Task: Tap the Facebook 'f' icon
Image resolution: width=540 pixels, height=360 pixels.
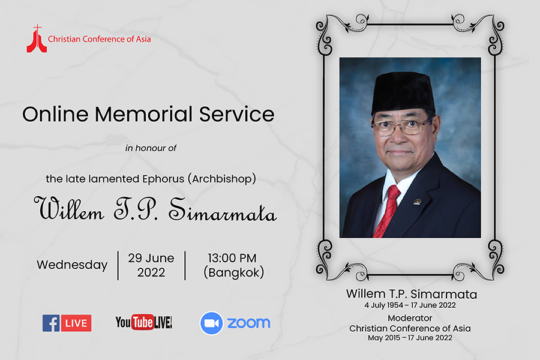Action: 52,323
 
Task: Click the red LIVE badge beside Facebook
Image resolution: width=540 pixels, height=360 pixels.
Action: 76,323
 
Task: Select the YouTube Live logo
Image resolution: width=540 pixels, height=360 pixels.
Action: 143,322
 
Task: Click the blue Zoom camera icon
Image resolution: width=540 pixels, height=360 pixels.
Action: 211,323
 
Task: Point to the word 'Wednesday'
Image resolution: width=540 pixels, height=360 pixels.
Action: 73,265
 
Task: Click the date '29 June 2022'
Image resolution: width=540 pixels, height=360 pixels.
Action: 151,265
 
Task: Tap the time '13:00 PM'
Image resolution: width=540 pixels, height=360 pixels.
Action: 232,258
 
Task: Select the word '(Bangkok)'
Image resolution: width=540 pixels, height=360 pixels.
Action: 234,272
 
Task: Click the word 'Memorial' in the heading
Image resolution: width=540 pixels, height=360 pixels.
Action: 143,114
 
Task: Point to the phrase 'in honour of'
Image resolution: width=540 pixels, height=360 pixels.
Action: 151,148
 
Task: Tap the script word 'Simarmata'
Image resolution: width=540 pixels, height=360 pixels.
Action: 223,209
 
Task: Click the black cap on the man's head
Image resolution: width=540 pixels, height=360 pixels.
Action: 404,92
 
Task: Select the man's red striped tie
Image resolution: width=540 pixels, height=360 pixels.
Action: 387,211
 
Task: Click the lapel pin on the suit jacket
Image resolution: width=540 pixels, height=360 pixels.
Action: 418,202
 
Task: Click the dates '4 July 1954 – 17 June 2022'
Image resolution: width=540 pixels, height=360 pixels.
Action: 410,305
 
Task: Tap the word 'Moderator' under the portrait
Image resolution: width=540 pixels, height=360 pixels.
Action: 410,318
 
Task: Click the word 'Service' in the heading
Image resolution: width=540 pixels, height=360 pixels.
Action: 237,114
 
